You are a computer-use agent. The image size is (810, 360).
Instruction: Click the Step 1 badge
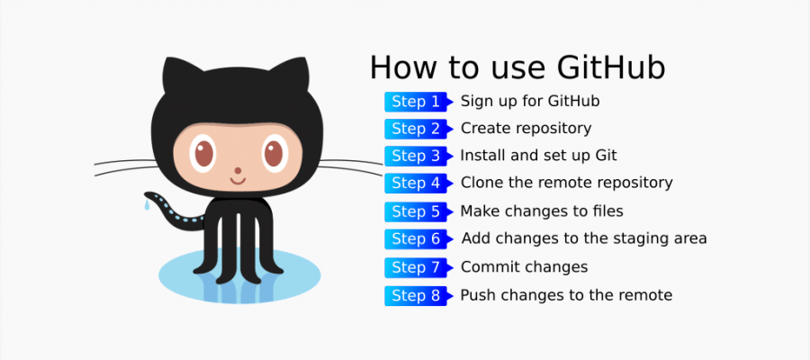coord(416,102)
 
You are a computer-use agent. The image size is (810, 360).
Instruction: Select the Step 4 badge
coord(416,184)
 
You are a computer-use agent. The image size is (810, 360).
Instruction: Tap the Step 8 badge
coord(416,295)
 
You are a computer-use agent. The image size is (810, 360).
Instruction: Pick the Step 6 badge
coord(416,239)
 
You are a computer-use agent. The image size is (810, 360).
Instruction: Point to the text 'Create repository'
coord(526,128)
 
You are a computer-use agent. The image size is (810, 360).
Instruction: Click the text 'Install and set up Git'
coord(538,155)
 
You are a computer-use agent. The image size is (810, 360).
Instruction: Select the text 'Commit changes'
coord(524,266)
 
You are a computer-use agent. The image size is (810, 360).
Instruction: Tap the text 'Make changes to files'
coord(542,211)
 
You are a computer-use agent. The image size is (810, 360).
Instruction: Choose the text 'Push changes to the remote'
coord(566,294)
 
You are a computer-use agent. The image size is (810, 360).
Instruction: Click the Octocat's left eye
coord(204,153)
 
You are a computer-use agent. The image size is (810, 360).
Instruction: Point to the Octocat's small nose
coord(239,169)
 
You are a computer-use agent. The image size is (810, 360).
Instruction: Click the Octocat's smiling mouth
coord(239,181)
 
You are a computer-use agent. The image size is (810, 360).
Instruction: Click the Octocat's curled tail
coord(171,211)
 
